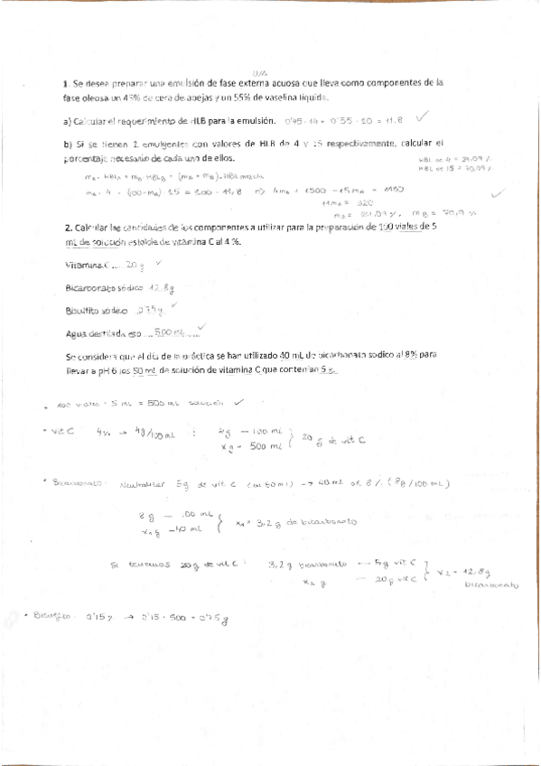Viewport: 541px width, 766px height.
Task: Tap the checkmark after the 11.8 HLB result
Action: [423, 117]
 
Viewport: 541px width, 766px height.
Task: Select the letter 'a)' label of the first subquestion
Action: [68, 121]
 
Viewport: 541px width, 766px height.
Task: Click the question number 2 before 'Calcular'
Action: [68, 228]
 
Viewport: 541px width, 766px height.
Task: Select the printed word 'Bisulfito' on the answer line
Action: [84, 310]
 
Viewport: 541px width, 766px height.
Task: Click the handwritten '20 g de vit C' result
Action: [325, 440]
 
